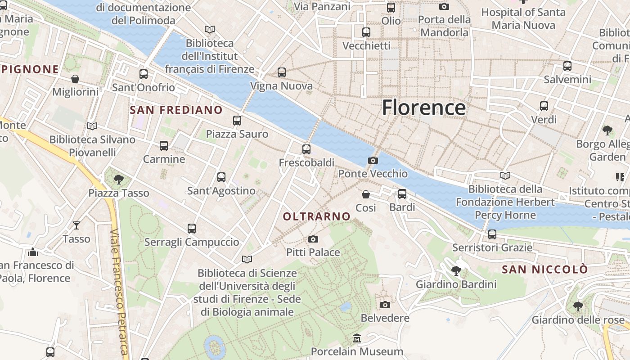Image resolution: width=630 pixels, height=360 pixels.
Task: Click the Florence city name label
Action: pos(423,108)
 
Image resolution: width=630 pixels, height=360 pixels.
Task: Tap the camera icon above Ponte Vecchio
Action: pos(373,160)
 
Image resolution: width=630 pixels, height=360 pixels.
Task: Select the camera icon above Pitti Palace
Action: pos(313,239)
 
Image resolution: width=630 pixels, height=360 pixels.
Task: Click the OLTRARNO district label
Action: pos(317,216)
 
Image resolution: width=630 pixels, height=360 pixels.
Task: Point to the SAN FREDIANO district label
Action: pos(176,110)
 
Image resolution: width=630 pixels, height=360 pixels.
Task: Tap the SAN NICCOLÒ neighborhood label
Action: pos(544,270)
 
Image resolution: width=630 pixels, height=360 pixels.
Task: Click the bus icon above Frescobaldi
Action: pos(306,149)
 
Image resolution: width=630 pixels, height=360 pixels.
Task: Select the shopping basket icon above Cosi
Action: pos(366,194)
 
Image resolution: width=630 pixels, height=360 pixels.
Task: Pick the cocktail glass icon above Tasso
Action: pos(76,225)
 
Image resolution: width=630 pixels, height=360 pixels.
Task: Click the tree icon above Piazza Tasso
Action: pos(119,180)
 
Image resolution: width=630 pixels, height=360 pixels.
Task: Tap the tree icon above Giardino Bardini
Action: pos(456,271)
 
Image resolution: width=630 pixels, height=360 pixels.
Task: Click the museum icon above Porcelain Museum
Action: pos(357,338)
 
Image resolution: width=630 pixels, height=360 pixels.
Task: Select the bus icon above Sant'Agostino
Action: pos(221,177)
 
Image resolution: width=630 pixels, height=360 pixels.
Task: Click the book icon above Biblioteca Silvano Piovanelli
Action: pos(92,126)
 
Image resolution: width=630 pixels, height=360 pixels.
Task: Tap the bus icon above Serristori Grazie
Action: pos(492,234)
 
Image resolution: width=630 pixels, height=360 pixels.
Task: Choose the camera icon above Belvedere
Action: pos(385,305)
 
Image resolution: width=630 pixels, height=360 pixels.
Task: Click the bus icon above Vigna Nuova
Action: pos(281,72)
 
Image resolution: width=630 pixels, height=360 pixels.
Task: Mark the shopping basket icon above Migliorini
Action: pos(75,79)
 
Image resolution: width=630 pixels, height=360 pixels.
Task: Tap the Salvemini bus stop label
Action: pos(567,80)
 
